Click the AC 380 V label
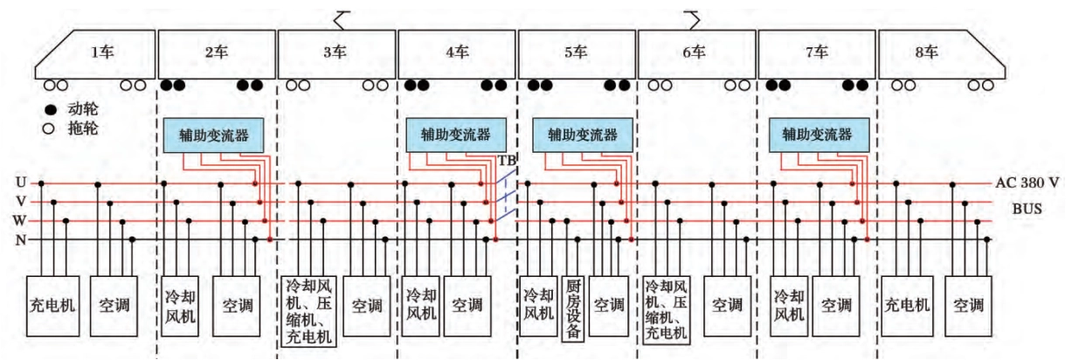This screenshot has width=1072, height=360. click(1027, 184)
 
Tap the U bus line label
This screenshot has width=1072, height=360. click(19, 183)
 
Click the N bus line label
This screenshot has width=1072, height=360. click(19, 239)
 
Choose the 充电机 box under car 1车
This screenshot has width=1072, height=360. click(52, 306)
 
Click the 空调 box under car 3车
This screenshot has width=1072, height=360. click(367, 306)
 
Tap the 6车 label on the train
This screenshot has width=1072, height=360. click(695, 52)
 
